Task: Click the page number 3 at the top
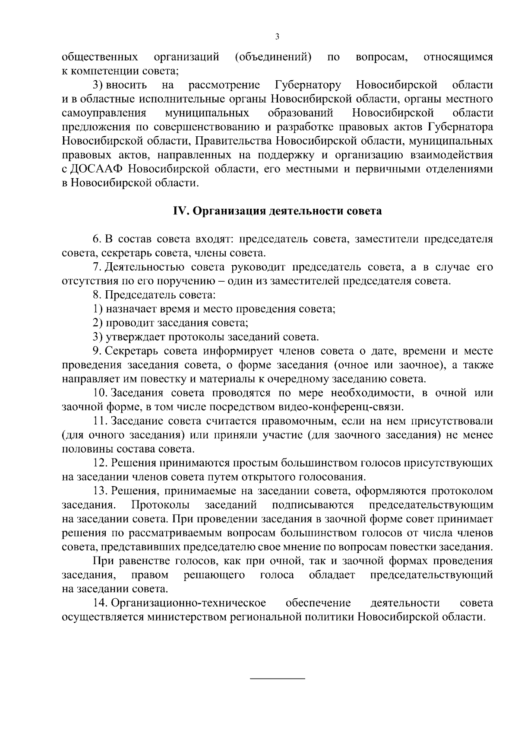click(277, 37)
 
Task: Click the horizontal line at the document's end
click(278, 680)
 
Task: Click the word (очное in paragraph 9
click(350, 365)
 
